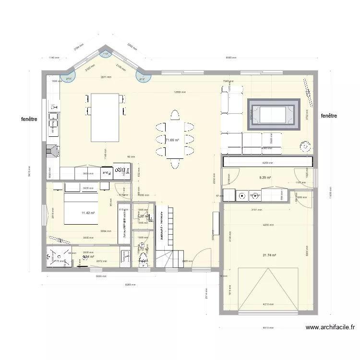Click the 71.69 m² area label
click(x=172, y=141)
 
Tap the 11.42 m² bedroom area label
click(x=88, y=213)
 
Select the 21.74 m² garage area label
click(x=269, y=255)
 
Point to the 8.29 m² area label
click(x=265, y=178)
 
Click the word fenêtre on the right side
click(x=329, y=116)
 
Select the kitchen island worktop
click(x=105, y=118)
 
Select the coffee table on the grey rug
click(x=272, y=114)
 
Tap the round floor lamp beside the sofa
click(x=304, y=146)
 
